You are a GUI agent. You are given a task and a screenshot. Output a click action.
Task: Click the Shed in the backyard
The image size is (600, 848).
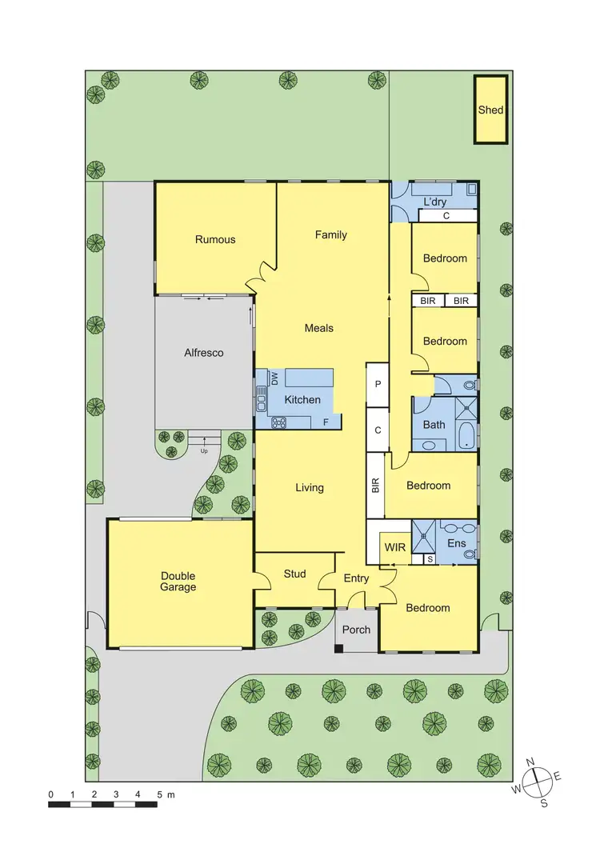pos(490,110)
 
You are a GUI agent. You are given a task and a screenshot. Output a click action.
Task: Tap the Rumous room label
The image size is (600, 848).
pos(215,239)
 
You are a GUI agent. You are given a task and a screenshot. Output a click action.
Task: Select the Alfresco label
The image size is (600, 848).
pos(204,353)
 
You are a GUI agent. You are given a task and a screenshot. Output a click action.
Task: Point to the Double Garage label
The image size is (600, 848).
pos(178,582)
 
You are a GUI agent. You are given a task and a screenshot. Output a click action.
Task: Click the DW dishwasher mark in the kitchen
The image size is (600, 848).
pos(274,378)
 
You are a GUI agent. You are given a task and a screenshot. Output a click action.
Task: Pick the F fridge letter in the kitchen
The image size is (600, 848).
pos(326,422)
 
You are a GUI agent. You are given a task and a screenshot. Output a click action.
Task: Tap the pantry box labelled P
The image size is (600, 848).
pos(377,385)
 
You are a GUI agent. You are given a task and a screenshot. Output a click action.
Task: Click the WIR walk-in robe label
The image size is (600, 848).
pos(395,547)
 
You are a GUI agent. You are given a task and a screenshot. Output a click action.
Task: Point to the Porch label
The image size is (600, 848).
pos(356,630)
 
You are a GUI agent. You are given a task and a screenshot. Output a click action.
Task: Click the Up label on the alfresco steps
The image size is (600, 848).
pos(204,450)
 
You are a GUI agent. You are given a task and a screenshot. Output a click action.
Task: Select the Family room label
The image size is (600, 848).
pos(330,235)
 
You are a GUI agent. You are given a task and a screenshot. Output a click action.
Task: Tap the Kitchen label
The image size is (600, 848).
pos(302,400)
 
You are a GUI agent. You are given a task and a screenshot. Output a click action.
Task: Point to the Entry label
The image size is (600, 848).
pos(356,578)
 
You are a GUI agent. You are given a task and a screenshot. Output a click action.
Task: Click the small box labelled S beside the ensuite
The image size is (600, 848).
pos(430,558)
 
